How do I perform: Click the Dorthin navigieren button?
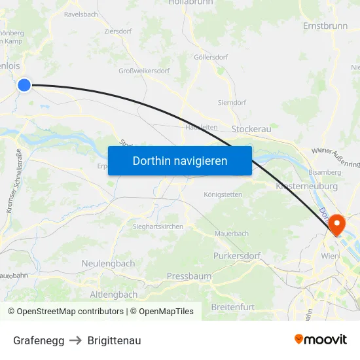point(179,160)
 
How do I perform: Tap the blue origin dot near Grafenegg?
point(24,85)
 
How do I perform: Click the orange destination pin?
point(338,225)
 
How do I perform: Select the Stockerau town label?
point(251,130)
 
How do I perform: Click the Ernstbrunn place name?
point(325,26)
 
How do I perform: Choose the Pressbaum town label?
point(189,276)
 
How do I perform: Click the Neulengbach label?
point(108,263)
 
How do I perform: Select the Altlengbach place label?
point(113,295)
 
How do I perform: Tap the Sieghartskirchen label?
point(158,226)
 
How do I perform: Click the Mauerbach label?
point(232,233)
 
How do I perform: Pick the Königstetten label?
point(223,194)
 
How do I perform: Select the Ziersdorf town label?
point(118,31)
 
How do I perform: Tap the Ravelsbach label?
point(81,13)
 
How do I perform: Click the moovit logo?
point(321,339)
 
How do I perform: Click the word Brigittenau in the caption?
point(114,340)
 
